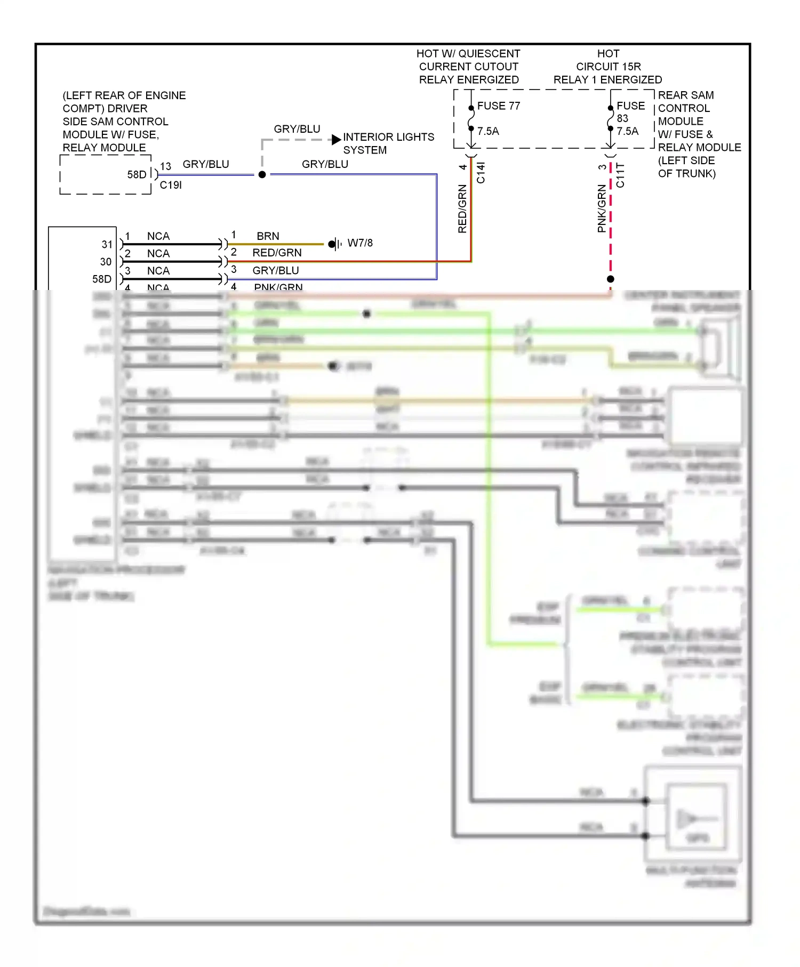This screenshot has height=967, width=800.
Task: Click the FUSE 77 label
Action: [498, 106]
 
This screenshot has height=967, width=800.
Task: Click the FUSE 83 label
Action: [630, 112]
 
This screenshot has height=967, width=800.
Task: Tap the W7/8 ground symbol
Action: [334, 244]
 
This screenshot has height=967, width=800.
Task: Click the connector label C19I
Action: [171, 185]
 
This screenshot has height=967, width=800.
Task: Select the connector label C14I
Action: [481, 173]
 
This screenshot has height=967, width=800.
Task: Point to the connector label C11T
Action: [620, 175]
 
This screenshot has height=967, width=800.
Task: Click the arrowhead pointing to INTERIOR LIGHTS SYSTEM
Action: [336, 140]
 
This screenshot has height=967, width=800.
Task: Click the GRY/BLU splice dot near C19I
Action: [262, 174]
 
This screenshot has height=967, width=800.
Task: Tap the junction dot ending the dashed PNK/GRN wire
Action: [611, 279]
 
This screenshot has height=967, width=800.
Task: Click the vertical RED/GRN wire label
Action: [462, 209]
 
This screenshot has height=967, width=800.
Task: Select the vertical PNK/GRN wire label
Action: [602, 209]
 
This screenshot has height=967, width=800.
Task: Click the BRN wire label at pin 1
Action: [268, 236]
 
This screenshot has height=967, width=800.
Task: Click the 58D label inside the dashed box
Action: [137, 174]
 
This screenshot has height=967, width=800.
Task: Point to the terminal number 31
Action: [107, 244]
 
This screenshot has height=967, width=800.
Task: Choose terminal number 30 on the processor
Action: [106, 262]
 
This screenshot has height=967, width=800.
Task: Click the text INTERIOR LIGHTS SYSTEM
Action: [388, 143]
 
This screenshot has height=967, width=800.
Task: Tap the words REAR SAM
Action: [685, 95]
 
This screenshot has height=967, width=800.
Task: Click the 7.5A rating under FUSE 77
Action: [488, 131]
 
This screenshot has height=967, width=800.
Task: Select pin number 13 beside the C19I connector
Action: [165, 166]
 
